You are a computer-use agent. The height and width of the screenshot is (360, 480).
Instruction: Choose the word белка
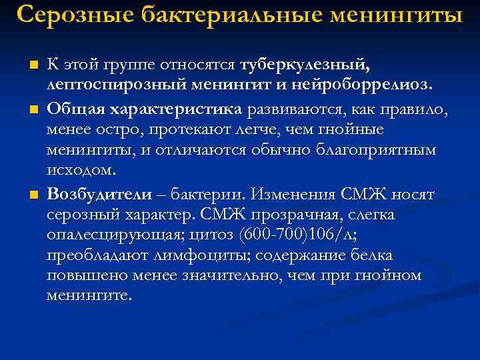click(x=374, y=256)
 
